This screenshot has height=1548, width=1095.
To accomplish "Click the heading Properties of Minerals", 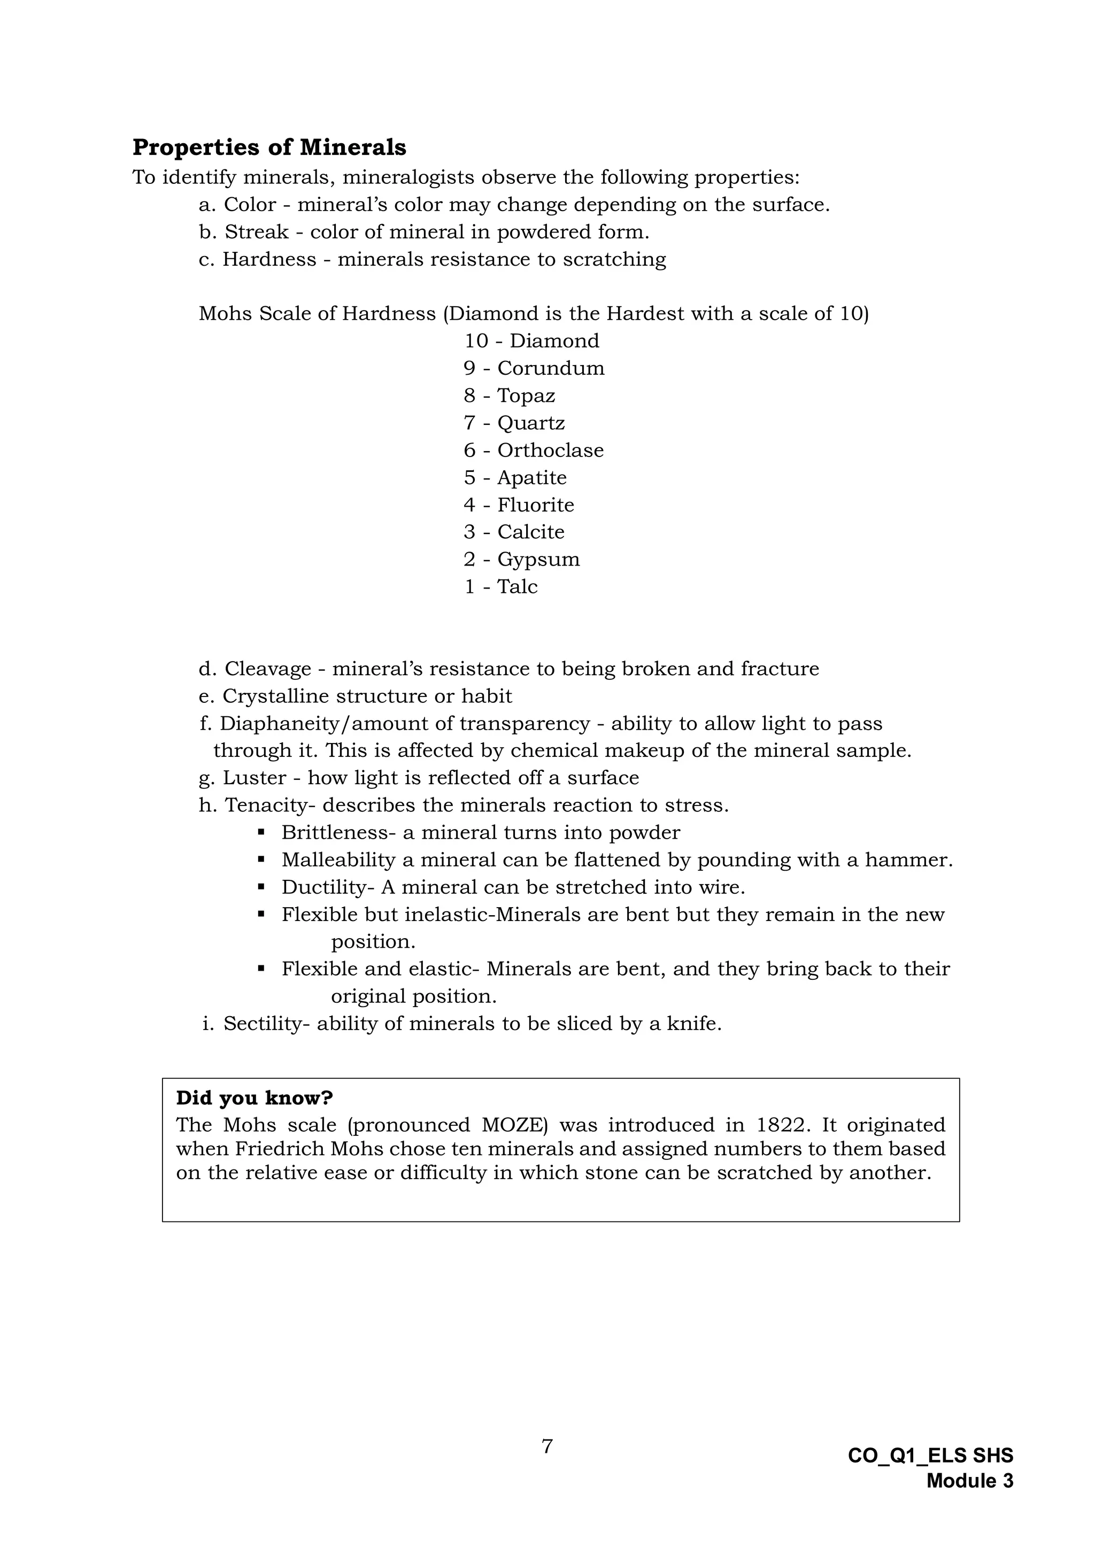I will click(269, 147).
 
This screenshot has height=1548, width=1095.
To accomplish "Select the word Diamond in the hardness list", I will click(554, 341).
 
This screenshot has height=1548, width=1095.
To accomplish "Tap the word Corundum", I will click(551, 368).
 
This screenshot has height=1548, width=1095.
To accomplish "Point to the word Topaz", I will click(526, 396).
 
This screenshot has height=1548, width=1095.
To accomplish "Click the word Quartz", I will click(530, 423).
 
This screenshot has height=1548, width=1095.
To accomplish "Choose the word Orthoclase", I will click(550, 451).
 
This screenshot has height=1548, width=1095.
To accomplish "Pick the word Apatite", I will click(532, 477).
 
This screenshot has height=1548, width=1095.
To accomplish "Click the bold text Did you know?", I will click(254, 1098).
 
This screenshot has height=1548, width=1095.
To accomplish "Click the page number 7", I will click(547, 1447).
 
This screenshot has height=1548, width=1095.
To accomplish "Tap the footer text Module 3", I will click(969, 1481).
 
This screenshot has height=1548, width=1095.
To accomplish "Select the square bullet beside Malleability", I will click(261, 860).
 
